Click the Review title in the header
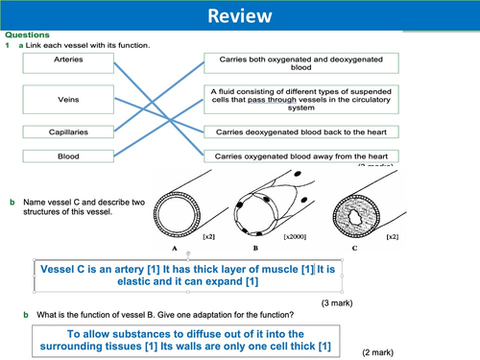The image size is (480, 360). pyautogui.click(x=239, y=15)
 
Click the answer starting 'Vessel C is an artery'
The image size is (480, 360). pyautogui.click(x=192, y=276)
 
